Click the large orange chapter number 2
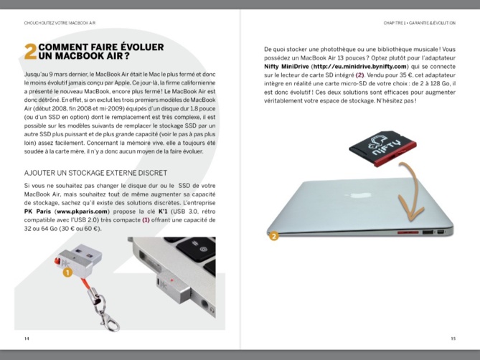pyautogui.click(x=30, y=51)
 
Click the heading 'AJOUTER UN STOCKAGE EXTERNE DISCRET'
pyautogui.click(x=95, y=173)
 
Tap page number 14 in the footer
pyautogui.click(x=27, y=338)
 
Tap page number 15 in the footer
pyautogui.click(x=453, y=338)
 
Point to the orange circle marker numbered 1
pyautogui.click(x=67, y=273)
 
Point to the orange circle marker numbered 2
pyautogui.click(x=273, y=235)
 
